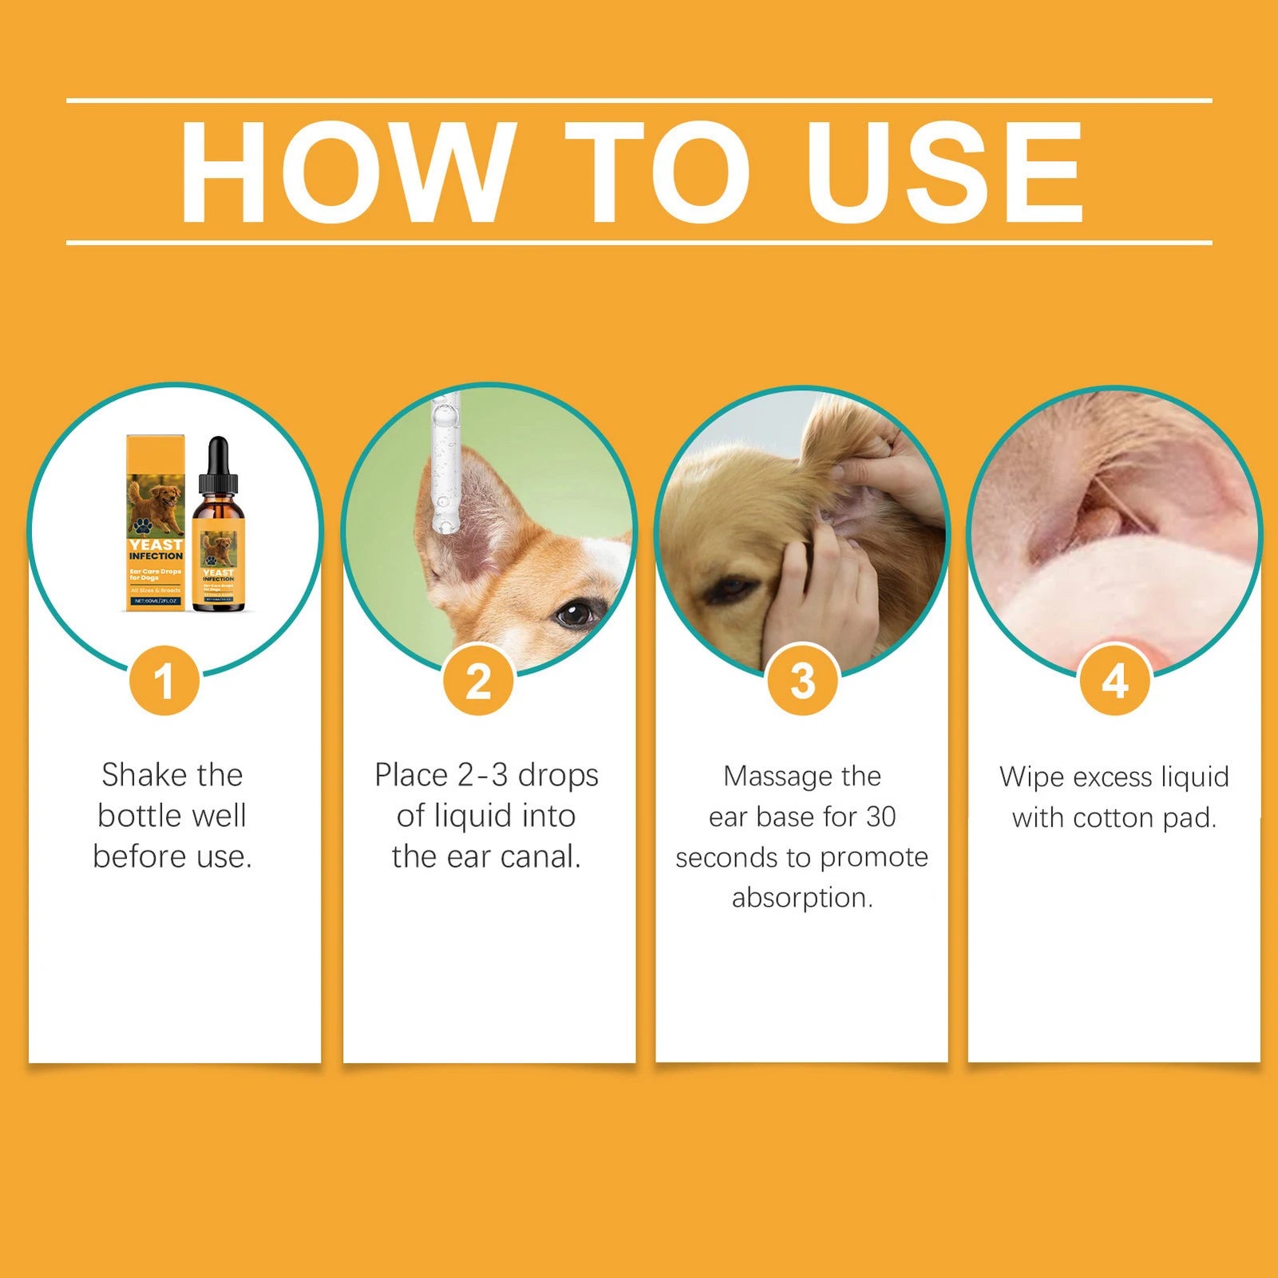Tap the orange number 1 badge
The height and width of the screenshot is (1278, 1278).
tap(164, 681)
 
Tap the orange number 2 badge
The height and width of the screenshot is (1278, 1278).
tap(478, 681)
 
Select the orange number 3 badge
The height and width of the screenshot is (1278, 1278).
tap(802, 681)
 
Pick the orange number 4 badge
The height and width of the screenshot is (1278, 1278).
tap(1114, 681)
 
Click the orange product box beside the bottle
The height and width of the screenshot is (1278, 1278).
tap(156, 523)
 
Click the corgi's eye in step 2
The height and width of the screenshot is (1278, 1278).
tap(573, 614)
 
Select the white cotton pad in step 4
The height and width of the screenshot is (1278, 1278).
tap(1118, 599)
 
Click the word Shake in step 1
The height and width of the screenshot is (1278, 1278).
tap(144, 775)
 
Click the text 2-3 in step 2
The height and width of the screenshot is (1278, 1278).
tap(483, 775)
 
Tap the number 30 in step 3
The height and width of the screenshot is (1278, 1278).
tap(880, 817)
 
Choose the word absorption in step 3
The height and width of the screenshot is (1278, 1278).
tap(802, 898)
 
